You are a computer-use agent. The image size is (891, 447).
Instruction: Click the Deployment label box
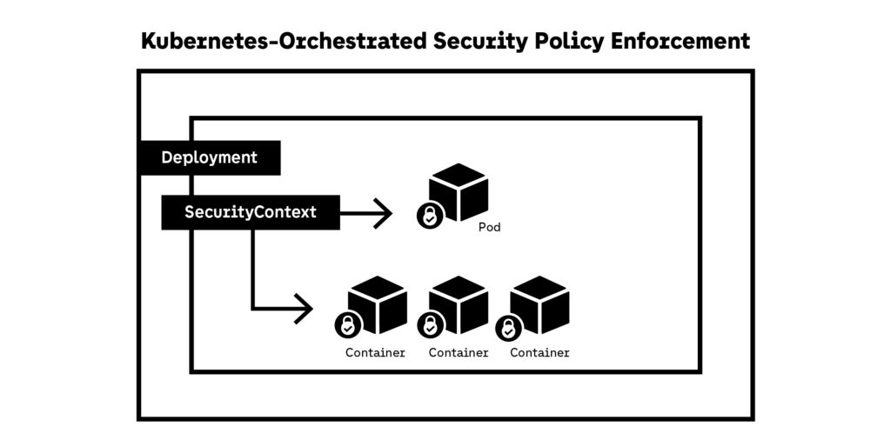pos(210,157)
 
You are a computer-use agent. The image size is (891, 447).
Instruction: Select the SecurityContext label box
pos(251,211)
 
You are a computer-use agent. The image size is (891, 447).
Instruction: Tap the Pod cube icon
pos(459,191)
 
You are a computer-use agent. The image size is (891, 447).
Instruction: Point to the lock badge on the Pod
pos(430,215)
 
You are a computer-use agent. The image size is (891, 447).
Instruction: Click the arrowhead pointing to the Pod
pos(383,212)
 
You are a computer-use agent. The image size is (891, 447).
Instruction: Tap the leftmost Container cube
pos(378,304)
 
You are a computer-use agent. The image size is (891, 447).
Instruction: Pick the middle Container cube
pos(459,304)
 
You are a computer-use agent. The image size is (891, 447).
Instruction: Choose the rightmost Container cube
pos(539,304)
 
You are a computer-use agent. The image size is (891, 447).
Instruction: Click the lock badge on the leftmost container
pos(348,326)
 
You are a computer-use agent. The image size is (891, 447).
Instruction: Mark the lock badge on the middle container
pos(430,326)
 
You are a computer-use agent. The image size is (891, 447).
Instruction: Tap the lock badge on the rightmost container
pos(509,329)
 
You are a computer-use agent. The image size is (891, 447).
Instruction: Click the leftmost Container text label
pos(375,353)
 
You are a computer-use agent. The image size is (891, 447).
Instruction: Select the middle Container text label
pos(459,353)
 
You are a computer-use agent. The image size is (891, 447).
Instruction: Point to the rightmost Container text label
pos(539,353)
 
